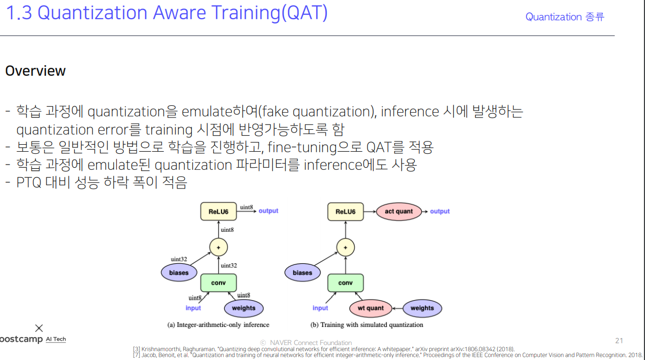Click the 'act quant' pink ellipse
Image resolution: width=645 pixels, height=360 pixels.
[399, 212]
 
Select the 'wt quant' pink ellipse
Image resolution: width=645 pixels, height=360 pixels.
[371, 308]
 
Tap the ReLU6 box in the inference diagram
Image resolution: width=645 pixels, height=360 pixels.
[218, 212]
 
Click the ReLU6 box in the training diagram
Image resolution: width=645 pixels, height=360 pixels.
[345, 212]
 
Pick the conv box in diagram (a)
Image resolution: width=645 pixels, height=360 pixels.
[218, 283]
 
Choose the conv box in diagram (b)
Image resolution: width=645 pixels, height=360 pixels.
[345, 283]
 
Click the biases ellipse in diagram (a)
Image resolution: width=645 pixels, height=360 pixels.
[179, 273]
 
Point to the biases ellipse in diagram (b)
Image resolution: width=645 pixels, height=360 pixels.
[302, 273]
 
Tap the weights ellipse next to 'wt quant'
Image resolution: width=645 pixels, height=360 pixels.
[422, 308]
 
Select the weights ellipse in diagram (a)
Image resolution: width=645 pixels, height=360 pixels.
[243, 308]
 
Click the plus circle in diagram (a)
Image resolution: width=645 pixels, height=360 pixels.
[218, 247]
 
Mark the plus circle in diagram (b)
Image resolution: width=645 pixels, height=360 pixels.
[345, 247]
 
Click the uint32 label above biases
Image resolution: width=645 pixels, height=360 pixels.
[179, 259]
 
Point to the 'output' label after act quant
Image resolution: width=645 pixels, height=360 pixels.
[439, 212]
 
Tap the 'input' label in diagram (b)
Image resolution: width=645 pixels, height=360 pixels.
[320, 308]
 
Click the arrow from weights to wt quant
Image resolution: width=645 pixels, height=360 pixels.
[397, 308]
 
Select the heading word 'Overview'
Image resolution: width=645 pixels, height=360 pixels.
[35, 71]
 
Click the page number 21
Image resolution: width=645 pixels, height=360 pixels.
[619, 341]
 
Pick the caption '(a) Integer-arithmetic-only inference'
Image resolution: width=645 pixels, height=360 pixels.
[218, 325]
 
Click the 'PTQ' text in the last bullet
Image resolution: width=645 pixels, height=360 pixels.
[29, 183]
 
